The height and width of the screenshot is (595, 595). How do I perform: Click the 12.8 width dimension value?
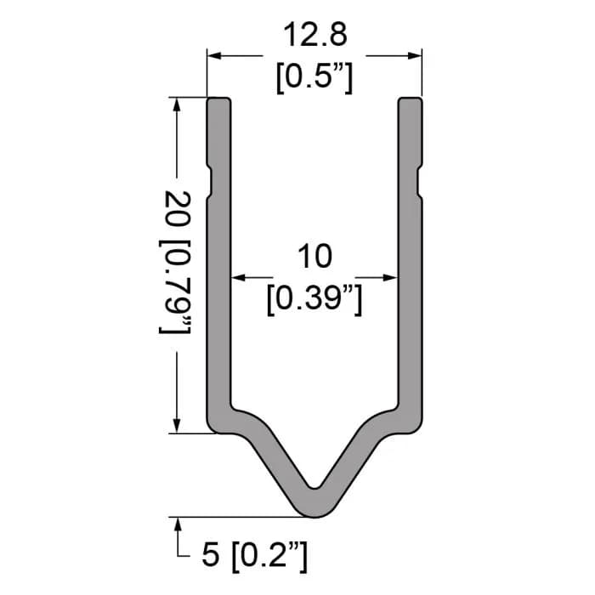click(315, 35)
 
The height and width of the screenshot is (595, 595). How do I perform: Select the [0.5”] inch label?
click(314, 77)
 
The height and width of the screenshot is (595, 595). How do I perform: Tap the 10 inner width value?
click(315, 257)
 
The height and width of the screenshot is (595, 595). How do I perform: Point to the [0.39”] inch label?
click(314, 299)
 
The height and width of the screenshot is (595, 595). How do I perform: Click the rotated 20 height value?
click(178, 208)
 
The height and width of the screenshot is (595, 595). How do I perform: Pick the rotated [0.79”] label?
click(175, 287)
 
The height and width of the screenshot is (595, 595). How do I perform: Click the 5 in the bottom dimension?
click(211, 555)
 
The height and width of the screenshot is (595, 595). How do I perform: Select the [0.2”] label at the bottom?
click(269, 556)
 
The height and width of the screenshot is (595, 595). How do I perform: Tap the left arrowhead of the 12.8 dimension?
click(214, 56)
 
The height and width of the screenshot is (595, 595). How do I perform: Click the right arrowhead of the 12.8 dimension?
click(415, 56)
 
